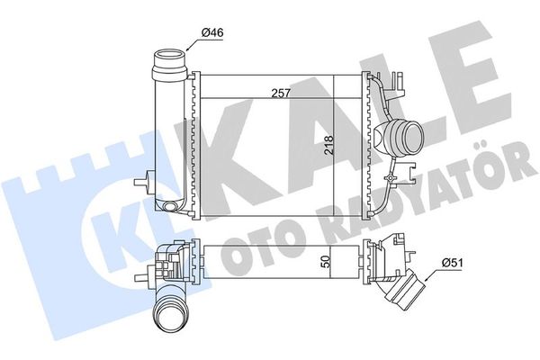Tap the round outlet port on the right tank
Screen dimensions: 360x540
tap(401, 139)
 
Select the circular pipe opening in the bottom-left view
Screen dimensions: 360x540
tap(168, 317)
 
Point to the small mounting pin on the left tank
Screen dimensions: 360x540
tap(139, 184)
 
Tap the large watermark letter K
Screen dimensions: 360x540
tap(225, 135)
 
